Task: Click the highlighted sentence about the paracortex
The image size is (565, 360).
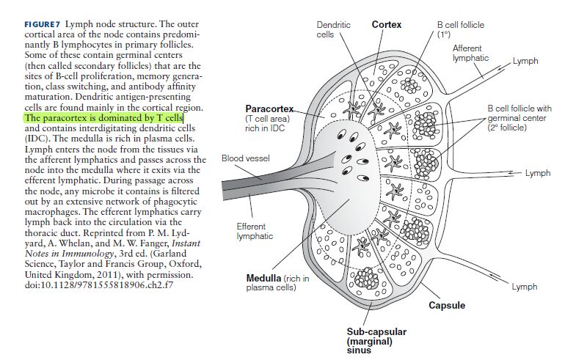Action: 104,117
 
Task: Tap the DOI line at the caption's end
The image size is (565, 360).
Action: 98,284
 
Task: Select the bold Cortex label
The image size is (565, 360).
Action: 387,24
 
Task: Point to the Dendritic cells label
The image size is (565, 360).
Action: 333,29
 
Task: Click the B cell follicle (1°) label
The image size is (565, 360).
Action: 460,29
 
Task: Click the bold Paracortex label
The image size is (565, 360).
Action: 269,109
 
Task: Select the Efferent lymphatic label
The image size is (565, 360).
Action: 255,231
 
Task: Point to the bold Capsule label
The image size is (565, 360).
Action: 446,305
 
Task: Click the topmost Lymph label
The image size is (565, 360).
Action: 525,60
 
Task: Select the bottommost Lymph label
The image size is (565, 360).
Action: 524,286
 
